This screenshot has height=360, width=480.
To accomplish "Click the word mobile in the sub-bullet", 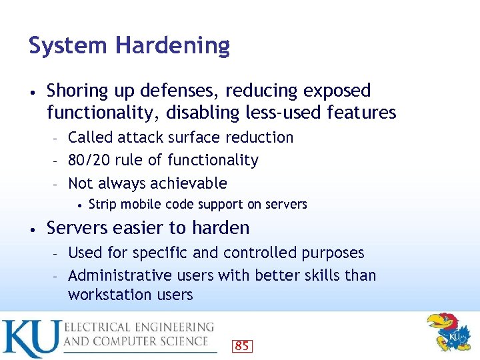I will [139, 204].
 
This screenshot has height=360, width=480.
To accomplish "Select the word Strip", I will [102, 204].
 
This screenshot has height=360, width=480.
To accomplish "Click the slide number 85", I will [241, 346].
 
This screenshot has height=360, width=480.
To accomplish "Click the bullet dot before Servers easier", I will [33, 229].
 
